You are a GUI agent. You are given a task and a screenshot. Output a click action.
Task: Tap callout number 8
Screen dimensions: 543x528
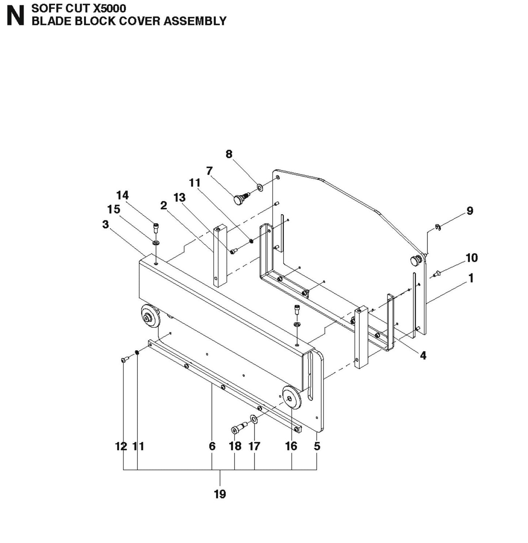(x=229, y=154)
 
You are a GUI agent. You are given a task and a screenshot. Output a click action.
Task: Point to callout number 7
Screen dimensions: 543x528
(x=209, y=171)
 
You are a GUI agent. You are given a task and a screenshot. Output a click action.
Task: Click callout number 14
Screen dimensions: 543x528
(x=122, y=195)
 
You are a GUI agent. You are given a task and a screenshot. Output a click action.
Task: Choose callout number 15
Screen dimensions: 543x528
(x=114, y=209)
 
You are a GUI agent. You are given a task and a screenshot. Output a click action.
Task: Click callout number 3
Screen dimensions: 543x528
(x=106, y=224)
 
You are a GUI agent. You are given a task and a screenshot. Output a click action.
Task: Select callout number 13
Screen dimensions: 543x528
(x=179, y=198)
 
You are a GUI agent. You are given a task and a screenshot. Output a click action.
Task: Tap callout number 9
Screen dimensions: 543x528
(x=470, y=211)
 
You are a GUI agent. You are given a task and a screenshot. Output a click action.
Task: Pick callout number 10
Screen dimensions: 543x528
(x=471, y=258)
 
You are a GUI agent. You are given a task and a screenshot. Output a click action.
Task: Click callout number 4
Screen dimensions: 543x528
(x=423, y=355)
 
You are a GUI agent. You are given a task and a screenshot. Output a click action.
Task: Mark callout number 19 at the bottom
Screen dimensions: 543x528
(x=220, y=494)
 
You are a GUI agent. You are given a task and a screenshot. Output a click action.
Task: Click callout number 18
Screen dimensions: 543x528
(x=235, y=446)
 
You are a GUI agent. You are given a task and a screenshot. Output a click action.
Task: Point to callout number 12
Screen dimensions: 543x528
(x=121, y=446)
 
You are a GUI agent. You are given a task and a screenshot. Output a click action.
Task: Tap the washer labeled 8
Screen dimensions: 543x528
(x=260, y=188)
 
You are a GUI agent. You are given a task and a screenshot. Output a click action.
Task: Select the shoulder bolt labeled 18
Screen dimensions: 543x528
(x=238, y=429)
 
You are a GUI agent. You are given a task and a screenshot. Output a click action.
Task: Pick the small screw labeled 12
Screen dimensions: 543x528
(x=124, y=360)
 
